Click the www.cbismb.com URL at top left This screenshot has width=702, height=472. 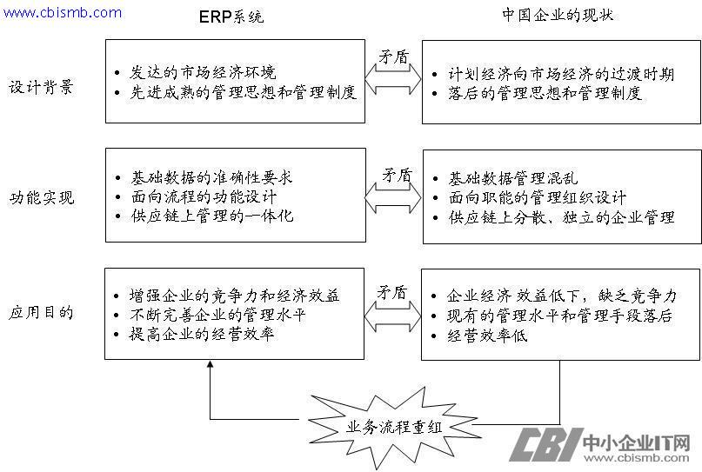tap(63, 12)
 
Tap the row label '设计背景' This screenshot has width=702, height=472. tap(42, 87)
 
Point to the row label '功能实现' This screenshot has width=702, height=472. tap(42, 197)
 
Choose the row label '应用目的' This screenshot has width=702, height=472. tap(42, 312)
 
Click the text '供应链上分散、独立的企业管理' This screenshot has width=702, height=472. tap(561, 217)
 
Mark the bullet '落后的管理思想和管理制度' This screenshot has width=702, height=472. tap(544, 93)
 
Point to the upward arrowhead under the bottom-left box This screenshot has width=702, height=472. tap(211, 367)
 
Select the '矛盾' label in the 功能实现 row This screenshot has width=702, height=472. tap(397, 175)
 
